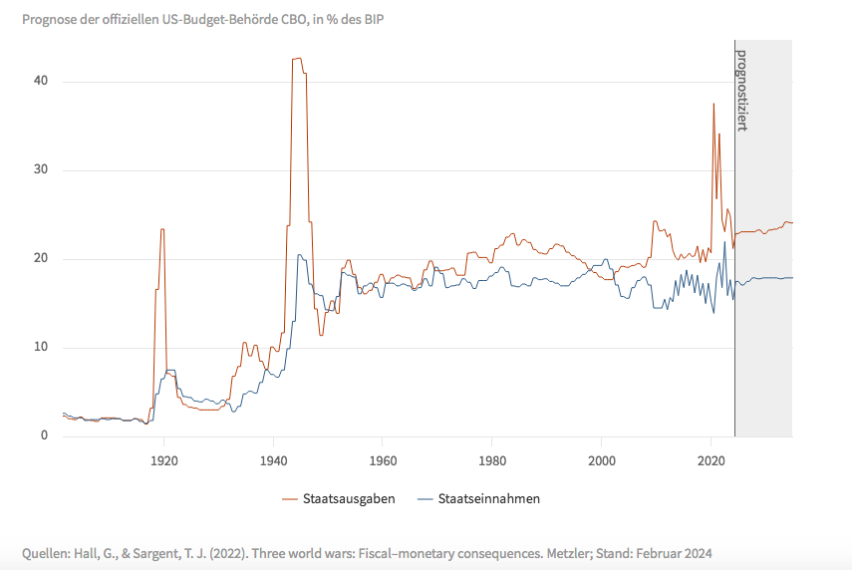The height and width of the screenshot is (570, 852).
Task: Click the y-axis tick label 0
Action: (x=44, y=435)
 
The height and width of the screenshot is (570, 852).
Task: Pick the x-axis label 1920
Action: (x=164, y=461)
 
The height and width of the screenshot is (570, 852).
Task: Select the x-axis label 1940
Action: (x=274, y=461)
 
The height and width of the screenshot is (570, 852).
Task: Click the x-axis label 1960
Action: (x=383, y=461)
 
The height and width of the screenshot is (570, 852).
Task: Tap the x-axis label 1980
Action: (x=492, y=461)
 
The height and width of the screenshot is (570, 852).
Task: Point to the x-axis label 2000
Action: (x=602, y=461)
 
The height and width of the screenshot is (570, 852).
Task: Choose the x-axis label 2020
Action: (x=710, y=461)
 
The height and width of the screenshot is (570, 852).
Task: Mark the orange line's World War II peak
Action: (x=297, y=59)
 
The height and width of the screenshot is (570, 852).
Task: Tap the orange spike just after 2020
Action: (x=713, y=104)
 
